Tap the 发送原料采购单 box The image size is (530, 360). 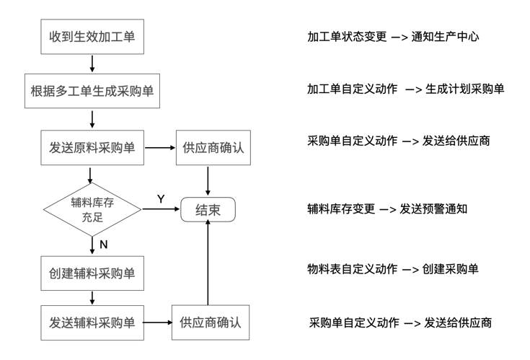(x=92, y=149)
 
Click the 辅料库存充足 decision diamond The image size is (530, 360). (x=92, y=209)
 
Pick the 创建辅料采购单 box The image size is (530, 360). (x=92, y=273)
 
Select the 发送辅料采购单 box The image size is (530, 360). (x=92, y=321)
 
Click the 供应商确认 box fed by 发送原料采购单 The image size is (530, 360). (x=209, y=149)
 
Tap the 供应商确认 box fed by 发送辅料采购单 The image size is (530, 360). (x=208, y=321)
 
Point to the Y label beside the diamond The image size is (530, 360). (x=161, y=198)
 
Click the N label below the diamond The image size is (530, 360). (x=104, y=245)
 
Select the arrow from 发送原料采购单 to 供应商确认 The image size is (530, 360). (x=159, y=149)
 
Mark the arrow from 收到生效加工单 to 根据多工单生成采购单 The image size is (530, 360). (x=92, y=63)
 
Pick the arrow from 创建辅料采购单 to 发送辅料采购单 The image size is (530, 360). (x=92, y=297)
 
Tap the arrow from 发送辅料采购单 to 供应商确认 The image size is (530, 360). (x=156, y=321)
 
